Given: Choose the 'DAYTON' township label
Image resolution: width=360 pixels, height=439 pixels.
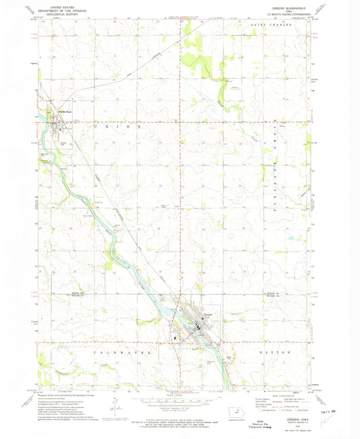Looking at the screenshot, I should (x=279, y=351).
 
